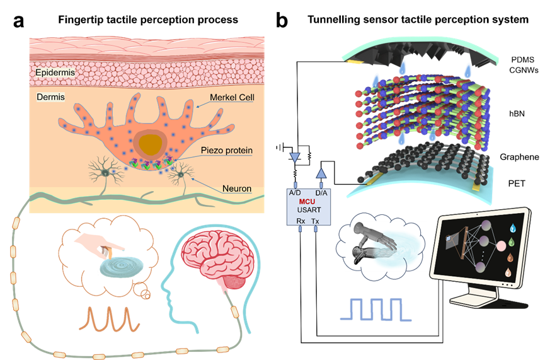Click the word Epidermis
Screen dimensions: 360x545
55,73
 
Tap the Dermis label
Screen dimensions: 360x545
49,97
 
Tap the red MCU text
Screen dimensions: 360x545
307,201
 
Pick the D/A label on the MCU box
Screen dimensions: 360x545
322,192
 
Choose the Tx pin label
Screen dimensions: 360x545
316,221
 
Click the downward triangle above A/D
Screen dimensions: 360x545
294,157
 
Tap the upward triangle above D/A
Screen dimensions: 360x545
321,172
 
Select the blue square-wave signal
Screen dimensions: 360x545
376,310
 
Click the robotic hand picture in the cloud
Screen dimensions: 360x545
385,246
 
